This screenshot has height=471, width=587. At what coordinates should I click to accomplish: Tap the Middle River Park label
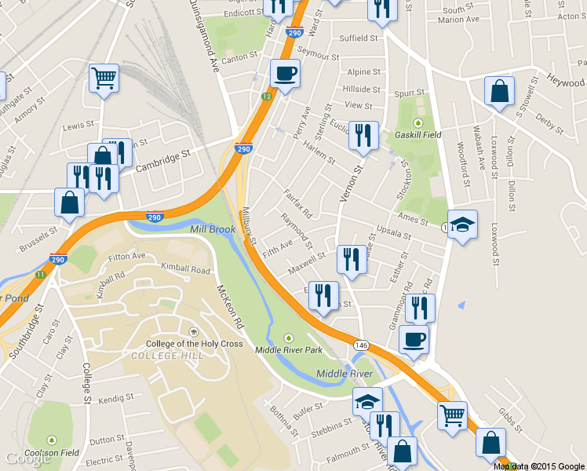[290, 349]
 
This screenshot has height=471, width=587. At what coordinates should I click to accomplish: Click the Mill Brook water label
[212, 229]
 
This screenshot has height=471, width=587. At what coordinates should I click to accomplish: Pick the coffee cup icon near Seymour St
[285, 74]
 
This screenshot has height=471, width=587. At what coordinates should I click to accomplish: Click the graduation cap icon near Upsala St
[462, 225]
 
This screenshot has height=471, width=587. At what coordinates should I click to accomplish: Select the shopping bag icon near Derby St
[499, 92]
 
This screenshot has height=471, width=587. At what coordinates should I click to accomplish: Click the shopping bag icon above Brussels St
[69, 203]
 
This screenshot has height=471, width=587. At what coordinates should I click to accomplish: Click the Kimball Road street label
[185, 269]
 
